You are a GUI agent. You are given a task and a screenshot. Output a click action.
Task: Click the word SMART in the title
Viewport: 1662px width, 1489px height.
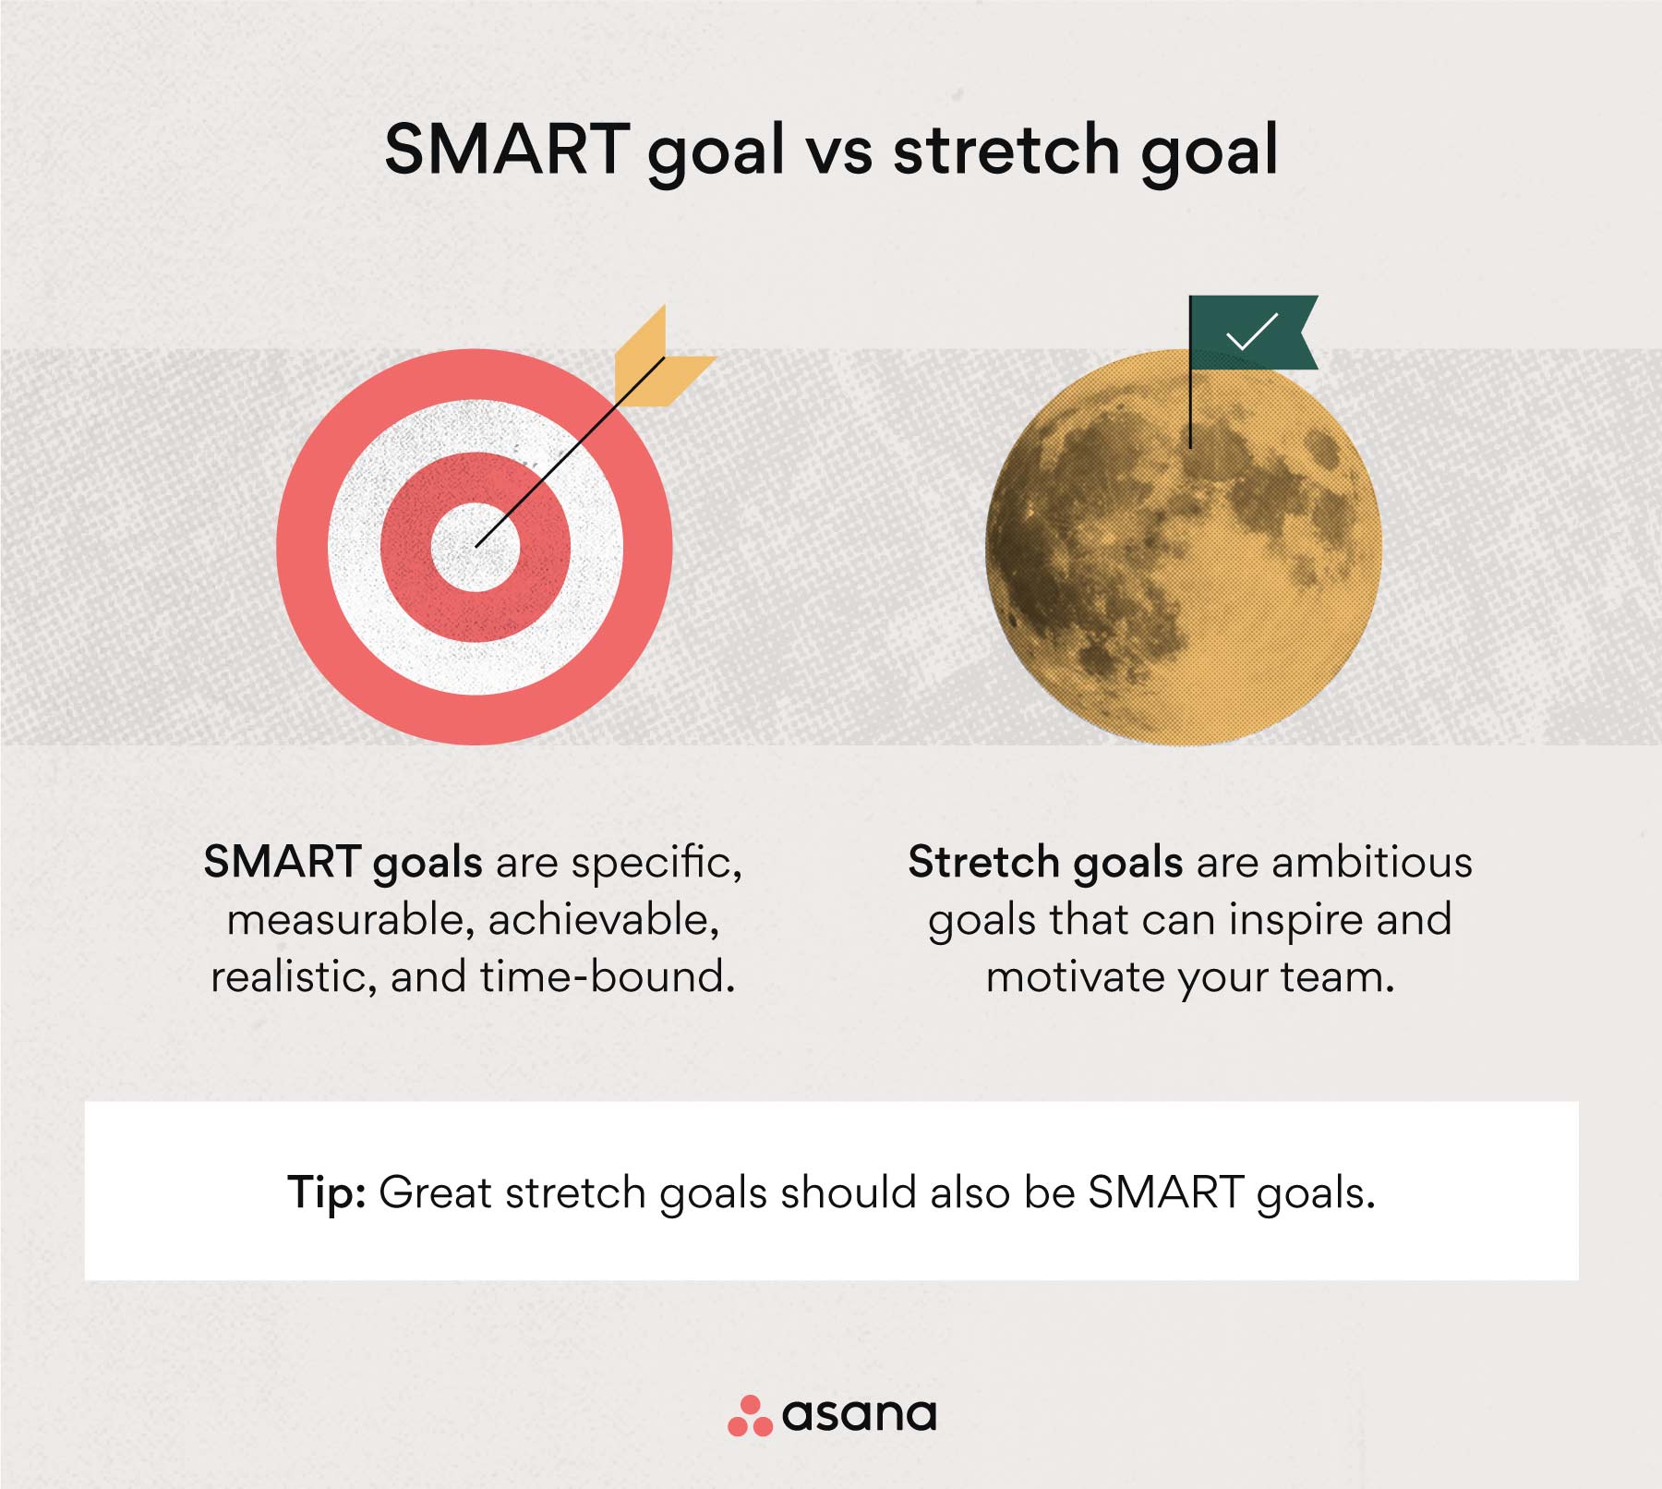(507, 149)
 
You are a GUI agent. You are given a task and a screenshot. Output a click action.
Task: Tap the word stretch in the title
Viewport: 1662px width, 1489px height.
(1006, 149)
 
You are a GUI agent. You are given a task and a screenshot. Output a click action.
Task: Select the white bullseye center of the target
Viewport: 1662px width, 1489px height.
(476, 547)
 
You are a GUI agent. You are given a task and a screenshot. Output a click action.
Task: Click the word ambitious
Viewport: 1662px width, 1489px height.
(1372, 863)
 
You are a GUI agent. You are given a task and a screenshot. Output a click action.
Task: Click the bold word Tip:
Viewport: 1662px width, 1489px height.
(327, 1193)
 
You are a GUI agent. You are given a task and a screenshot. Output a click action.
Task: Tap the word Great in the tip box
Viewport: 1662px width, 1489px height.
(435, 1192)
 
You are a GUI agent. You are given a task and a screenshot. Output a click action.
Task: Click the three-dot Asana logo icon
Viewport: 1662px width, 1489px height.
(750, 1416)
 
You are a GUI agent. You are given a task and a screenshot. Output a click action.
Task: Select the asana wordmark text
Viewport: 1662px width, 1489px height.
(859, 1415)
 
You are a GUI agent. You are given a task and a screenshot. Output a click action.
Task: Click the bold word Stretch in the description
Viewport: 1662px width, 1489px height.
(983, 863)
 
